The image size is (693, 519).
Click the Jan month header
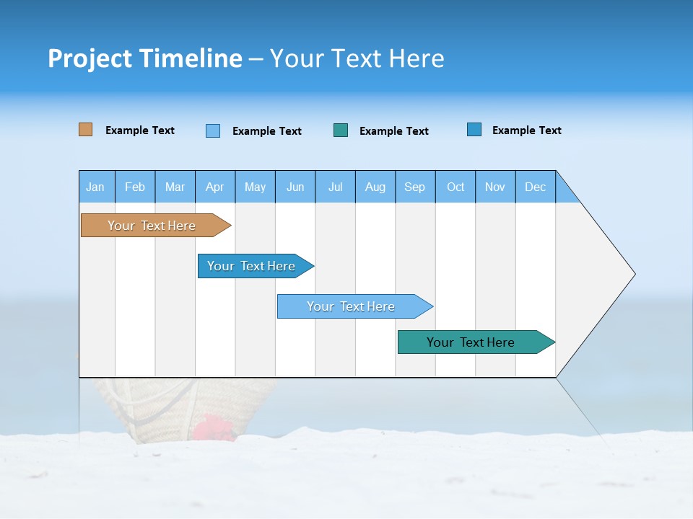click(x=95, y=187)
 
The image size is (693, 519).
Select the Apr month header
click(x=214, y=187)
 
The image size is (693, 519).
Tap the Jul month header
click(x=335, y=187)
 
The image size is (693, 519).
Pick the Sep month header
click(x=414, y=187)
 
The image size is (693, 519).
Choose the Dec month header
click(x=535, y=187)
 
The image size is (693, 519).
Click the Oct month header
click(x=456, y=187)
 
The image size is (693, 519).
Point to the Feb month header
click(x=135, y=187)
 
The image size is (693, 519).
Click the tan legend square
click(x=86, y=130)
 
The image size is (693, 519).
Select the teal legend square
click(x=341, y=130)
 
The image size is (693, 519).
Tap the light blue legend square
click(x=213, y=130)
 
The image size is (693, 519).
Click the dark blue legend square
click(x=474, y=130)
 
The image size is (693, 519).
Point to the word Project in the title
click(x=90, y=58)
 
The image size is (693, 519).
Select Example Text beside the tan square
click(x=140, y=130)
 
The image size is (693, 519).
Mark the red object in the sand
click(x=212, y=427)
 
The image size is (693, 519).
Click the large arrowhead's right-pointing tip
click(x=634, y=274)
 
